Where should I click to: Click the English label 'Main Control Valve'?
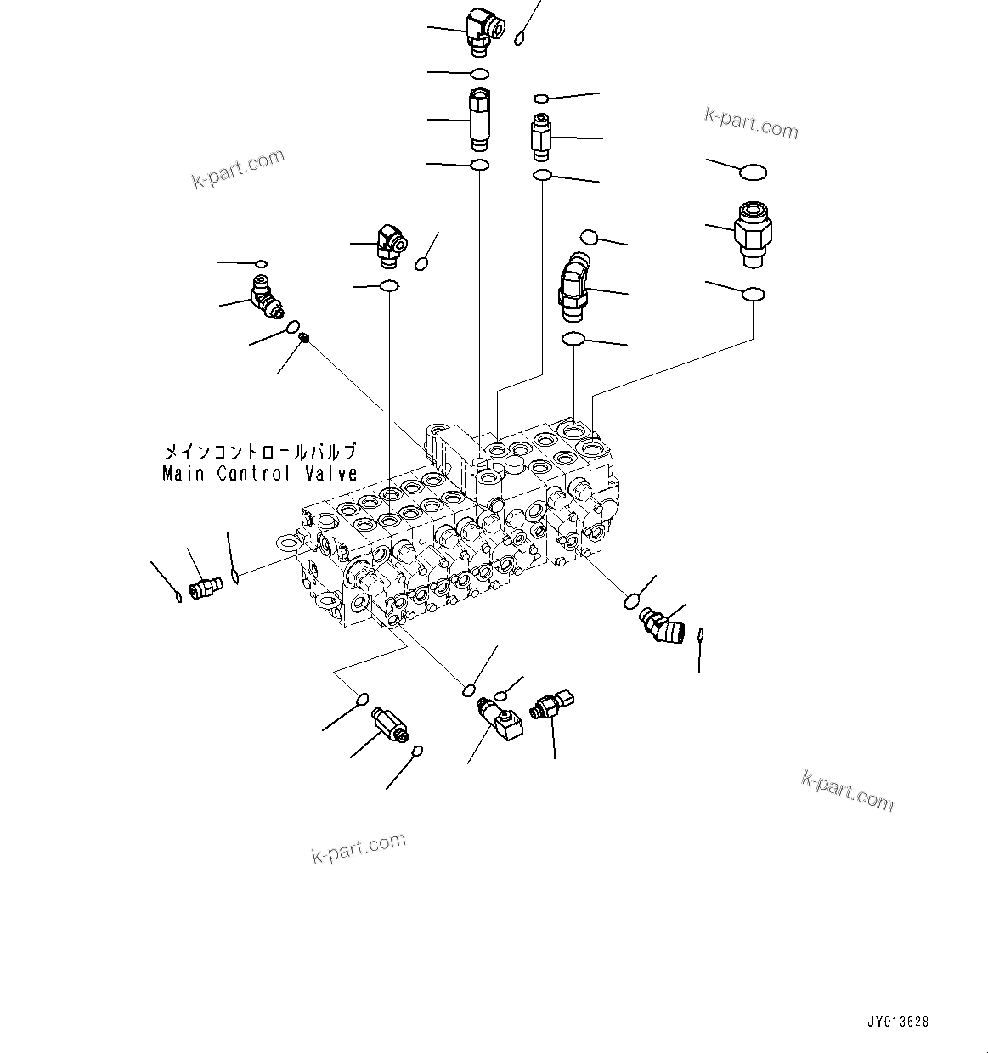pos(260,474)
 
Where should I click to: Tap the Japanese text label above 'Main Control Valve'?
pos(260,452)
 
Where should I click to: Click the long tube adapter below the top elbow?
pos(478,118)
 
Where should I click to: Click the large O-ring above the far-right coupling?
pos(753,172)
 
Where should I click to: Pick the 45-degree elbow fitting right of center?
pos(573,286)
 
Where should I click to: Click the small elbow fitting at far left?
pos(265,298)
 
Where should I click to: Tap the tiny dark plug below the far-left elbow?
pos(305,338)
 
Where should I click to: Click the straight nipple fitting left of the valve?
pos(205,586)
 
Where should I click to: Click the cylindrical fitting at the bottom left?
pos(389,724)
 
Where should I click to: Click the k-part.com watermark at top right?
pos(751,123)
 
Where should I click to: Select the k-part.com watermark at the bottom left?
pos(359,847)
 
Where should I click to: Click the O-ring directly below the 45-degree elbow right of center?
pos(573,340)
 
